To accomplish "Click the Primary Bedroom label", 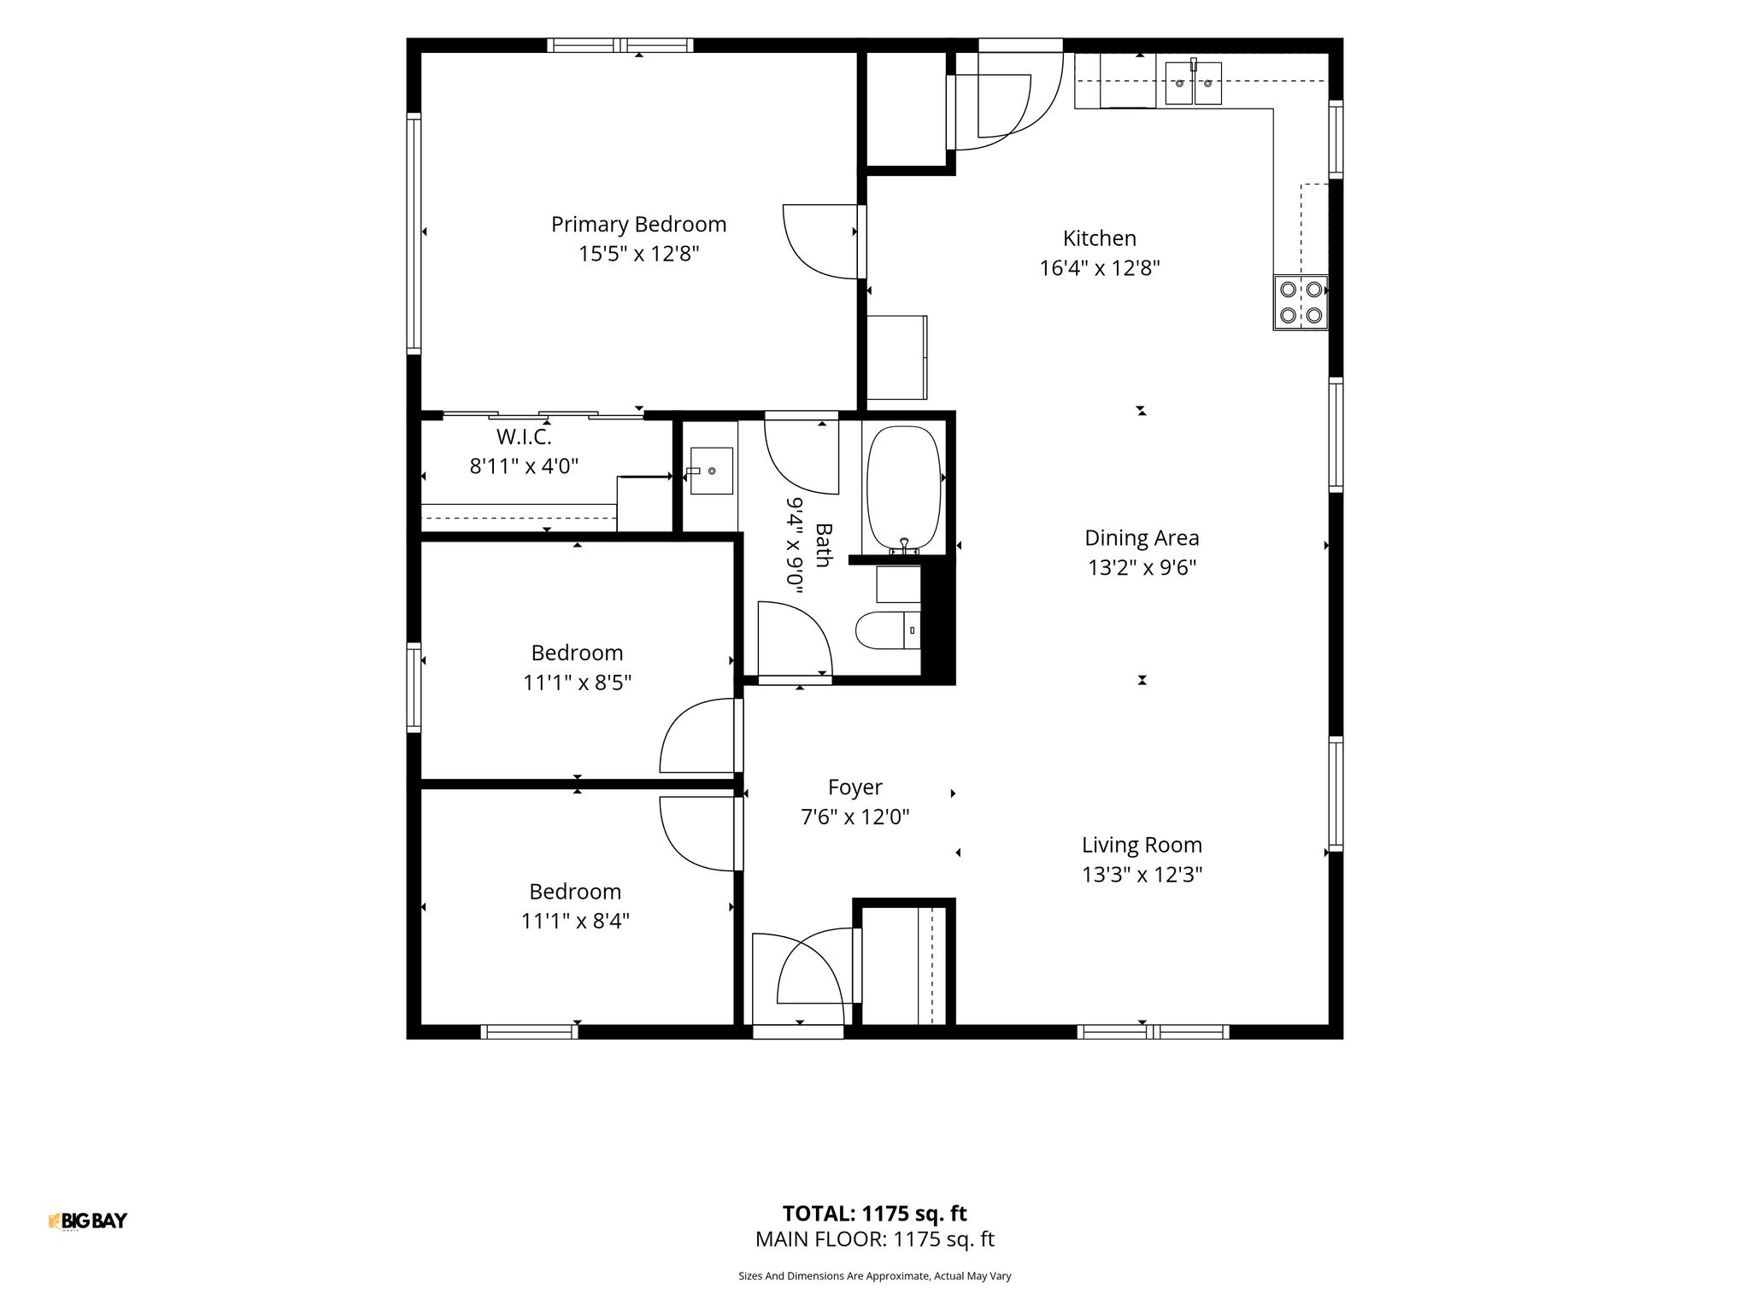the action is (638, 225).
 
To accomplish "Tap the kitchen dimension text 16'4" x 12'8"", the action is (1100, 268).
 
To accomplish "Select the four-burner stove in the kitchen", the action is (1301, 302).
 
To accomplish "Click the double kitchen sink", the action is (1193, 83).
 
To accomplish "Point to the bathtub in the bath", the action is (904, 489).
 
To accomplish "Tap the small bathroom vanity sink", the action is (711, 471).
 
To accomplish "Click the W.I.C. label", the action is (524, 437).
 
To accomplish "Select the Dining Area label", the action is (1142, 538).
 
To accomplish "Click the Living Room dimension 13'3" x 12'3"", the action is (1142, 875).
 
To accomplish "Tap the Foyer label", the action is (855, 788).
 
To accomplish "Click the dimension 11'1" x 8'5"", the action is (578, 682).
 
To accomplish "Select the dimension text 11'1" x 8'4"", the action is (576, 921).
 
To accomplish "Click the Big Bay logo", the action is (88, 1221).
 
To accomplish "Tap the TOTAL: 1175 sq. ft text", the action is (875, 1214).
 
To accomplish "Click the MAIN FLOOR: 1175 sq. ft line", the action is (875, 1239).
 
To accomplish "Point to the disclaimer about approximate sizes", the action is (875, 1276).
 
